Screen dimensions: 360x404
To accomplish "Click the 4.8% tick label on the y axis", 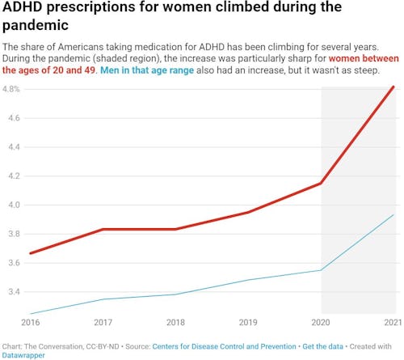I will click(x=11, y=89).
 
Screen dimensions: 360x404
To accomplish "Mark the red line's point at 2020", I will click(x=322, y=183).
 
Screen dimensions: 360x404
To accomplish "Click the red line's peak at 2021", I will click(x=393, y=87).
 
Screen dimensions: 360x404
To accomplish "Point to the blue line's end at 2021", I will click(x=393, y=214).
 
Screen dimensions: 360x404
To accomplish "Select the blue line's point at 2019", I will click(x=248, y=280).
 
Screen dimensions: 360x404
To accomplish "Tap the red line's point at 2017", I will click(x=103, y=229).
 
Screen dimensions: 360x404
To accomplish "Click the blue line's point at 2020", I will click(x=322, y=270).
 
